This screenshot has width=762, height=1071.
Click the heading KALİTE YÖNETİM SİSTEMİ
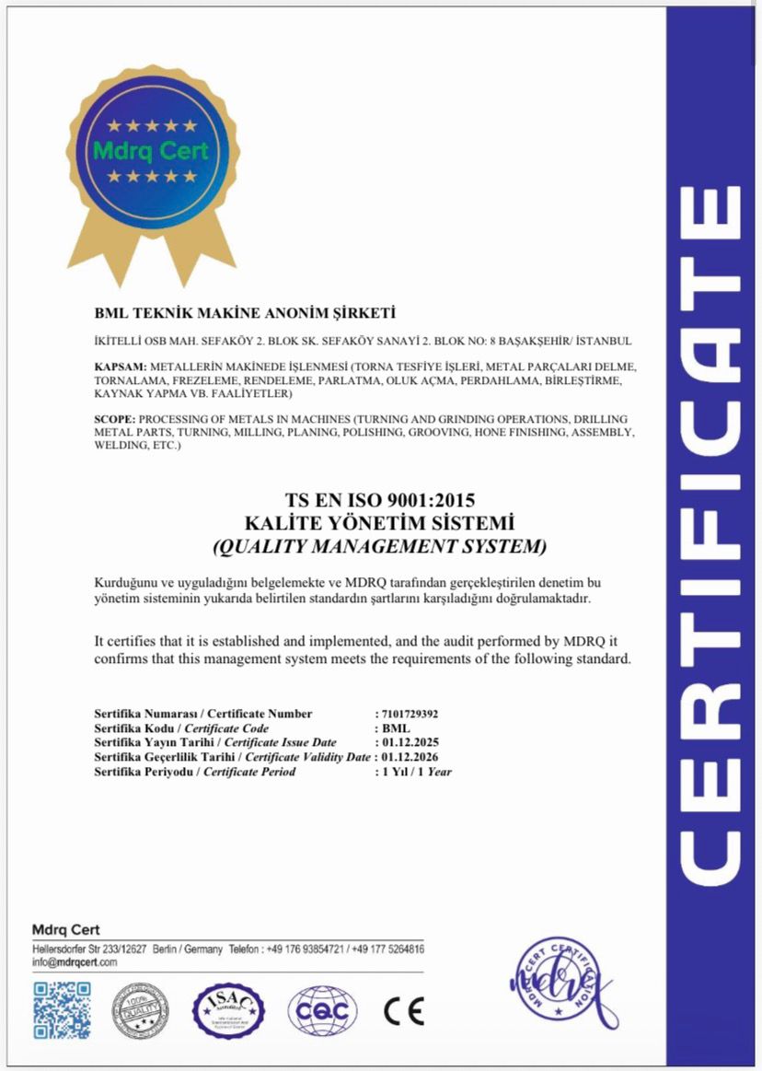[x=379, y=524]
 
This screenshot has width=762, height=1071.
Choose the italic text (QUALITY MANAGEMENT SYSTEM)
[x=379, y=547]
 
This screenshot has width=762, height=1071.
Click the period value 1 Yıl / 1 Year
[x=417, y=771]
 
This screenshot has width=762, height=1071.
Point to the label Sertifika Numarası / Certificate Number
[x=203, y=714]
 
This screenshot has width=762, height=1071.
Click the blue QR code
[x=63, y=1010]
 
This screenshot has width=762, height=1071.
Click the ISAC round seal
[x=228, y=1010]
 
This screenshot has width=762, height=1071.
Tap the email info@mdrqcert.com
[x=75, y=961]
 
